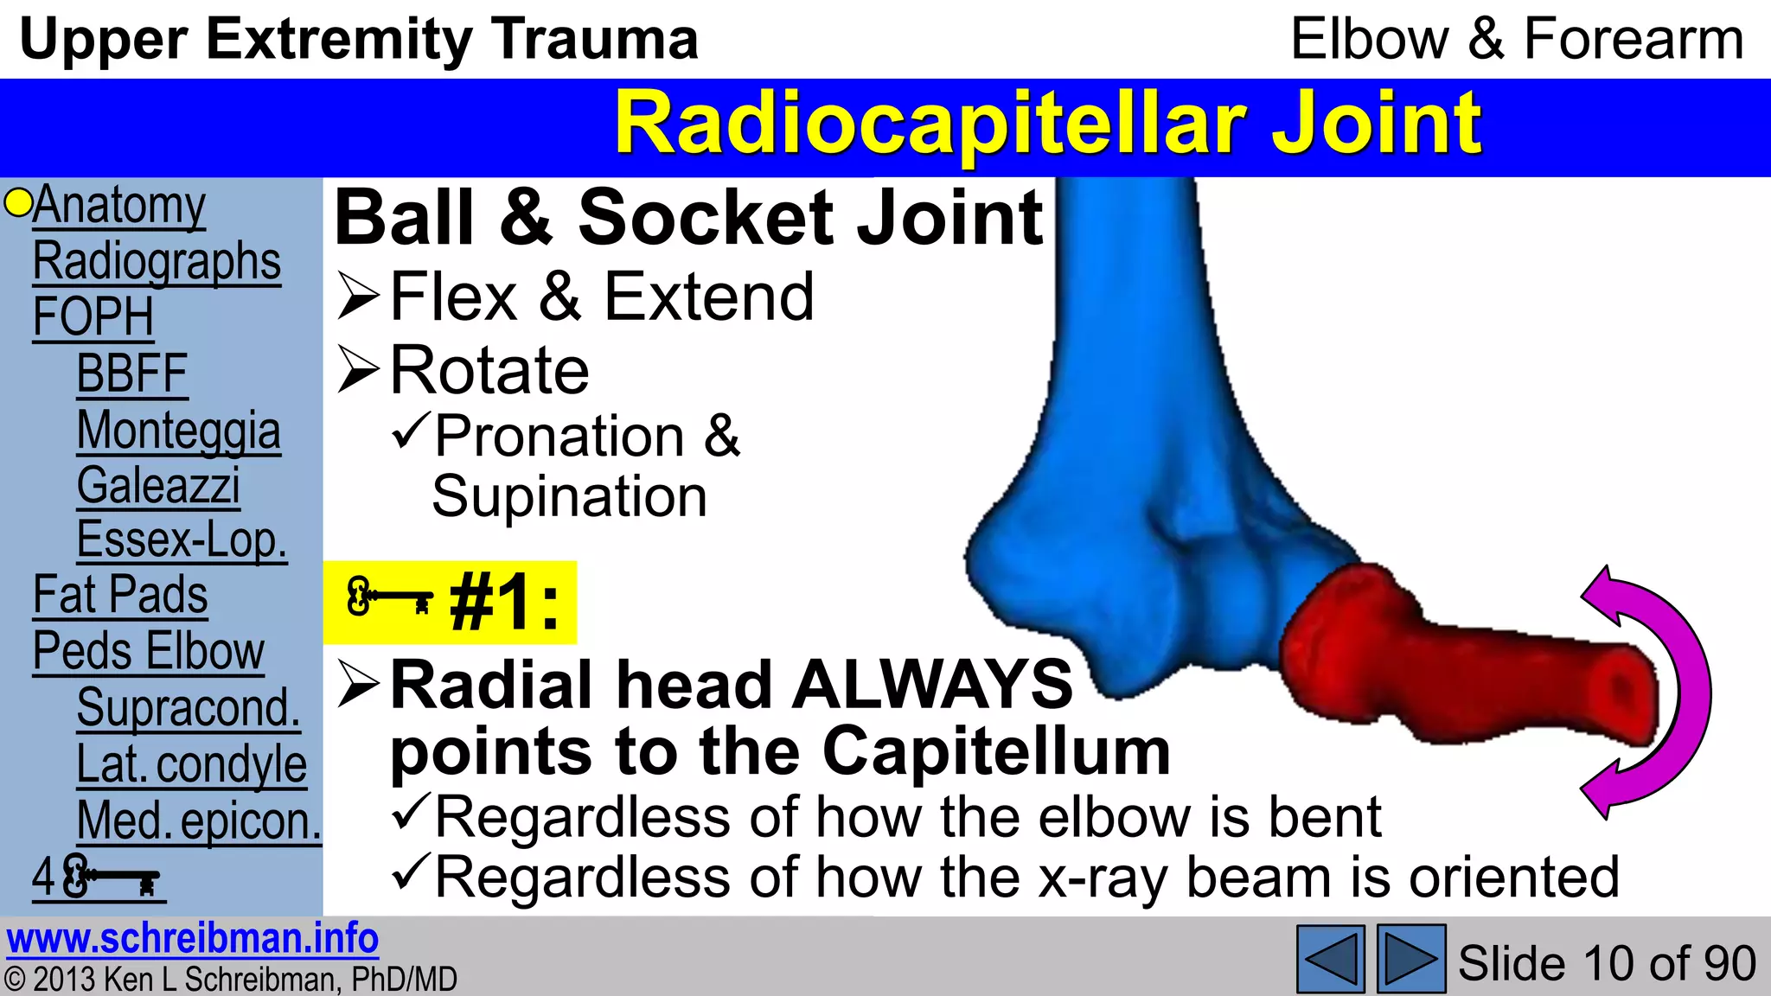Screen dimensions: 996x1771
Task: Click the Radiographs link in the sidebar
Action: (157, 261)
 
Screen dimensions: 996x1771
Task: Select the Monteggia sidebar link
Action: (178, 431)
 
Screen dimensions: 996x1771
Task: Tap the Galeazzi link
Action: (158, 486)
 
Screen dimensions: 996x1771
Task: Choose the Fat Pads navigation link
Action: (120, 596)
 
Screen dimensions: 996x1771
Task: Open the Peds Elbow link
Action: (148, 651)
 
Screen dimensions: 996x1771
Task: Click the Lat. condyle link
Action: (191, 764)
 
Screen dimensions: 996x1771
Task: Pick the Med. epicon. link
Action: (198, 820)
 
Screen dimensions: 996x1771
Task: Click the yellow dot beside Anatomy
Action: (17, 203)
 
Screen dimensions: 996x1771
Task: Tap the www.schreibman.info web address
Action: (192, 939)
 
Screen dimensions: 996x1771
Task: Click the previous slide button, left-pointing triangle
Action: (1330, 959)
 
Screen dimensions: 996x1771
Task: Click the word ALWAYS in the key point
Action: (933, 685)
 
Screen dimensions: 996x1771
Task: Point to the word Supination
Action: (569, 497)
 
